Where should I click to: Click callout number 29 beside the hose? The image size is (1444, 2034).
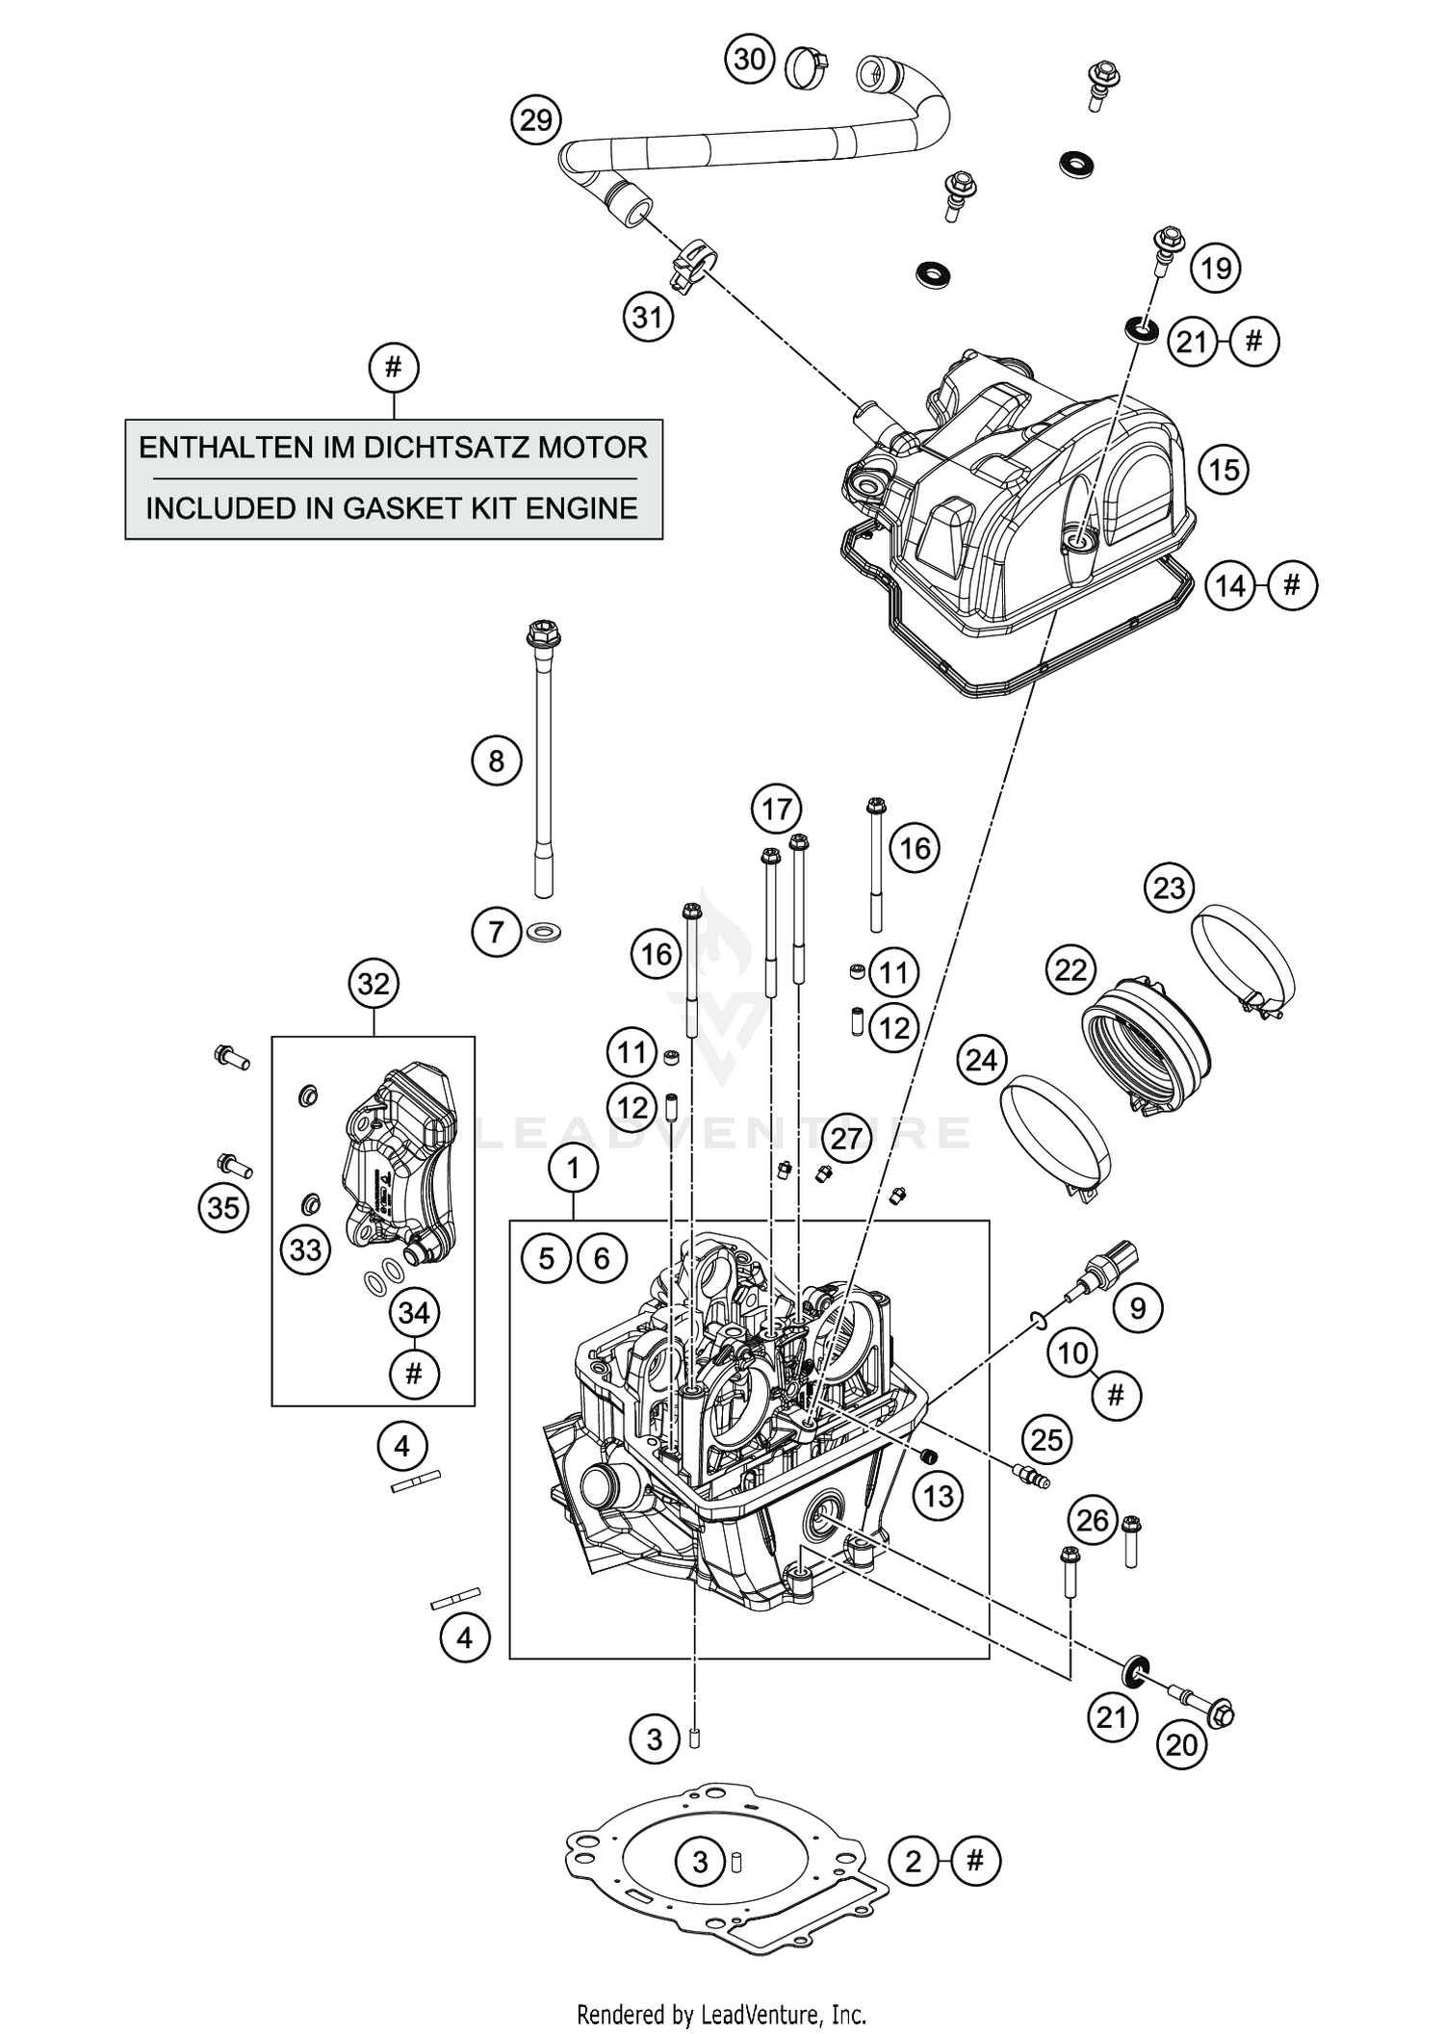536,120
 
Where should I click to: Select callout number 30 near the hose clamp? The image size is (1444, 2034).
750,60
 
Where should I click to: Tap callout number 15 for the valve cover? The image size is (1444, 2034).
1224,470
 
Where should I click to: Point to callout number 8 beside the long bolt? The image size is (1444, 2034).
496,761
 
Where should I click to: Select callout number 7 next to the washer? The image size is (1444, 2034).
496,932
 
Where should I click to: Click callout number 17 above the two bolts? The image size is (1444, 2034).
777,809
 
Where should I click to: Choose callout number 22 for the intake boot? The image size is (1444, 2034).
1070,969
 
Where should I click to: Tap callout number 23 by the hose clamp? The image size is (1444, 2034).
1169,887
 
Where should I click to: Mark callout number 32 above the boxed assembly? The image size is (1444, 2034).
374,984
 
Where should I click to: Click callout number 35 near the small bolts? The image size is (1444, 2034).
223,1207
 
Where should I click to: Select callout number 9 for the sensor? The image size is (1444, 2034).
1138,1307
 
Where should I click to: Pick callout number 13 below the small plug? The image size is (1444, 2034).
938,1495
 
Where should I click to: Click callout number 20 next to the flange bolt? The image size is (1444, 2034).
1181,1745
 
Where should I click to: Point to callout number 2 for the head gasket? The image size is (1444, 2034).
914,1861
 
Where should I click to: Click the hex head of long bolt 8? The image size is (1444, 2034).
544,635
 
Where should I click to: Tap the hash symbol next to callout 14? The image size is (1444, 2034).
1292,585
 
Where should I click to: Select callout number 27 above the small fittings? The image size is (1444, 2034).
846,1139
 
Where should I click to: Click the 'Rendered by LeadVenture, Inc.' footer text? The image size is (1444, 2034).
721,2014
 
